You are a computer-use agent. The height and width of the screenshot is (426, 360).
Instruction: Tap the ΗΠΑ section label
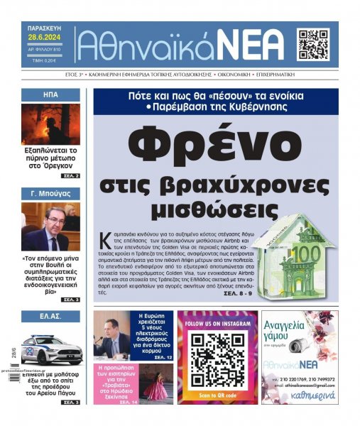pyautogui.click(x=50, y=94)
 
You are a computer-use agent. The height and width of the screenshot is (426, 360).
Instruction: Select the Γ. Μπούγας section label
pyautogui.click(x=50, y=192)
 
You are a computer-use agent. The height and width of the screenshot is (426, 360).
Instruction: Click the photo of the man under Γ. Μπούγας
pyautogui.click(x=50, y=227)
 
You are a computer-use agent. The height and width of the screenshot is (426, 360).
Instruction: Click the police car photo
pyautogui.click(x=50, y=349)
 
